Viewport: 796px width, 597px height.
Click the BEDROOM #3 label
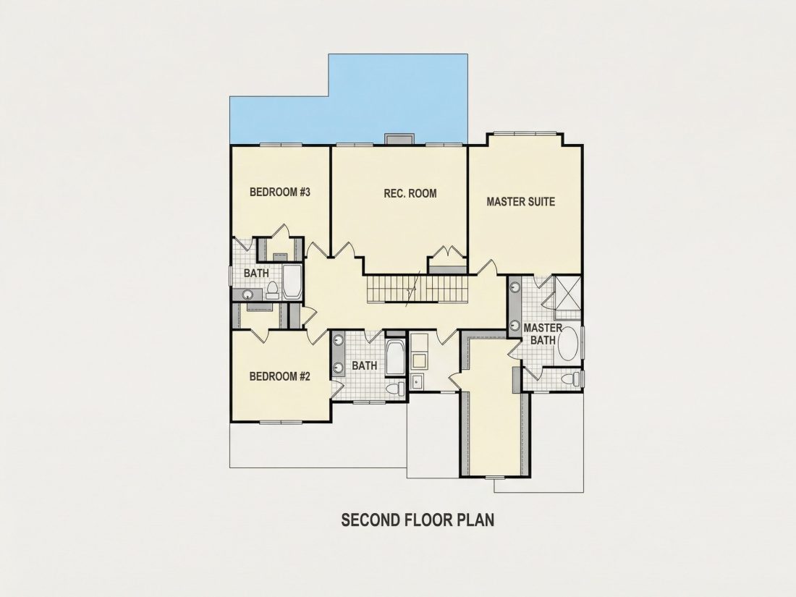tap(280, 192)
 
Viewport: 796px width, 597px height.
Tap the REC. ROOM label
tap(410, 193)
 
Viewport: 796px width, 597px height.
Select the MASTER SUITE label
tap(521, 202)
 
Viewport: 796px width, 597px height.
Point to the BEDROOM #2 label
tap(280, 376)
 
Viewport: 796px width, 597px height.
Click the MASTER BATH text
tap(543, 334)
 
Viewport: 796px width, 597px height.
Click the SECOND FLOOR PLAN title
tap(418, 520)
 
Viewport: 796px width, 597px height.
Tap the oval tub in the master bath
tap(569, 344)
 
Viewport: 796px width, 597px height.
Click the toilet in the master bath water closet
tap(572, 378)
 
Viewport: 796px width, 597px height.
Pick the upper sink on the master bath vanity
tap(515, 287)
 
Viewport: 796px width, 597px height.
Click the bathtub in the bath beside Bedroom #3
tap(292, 281)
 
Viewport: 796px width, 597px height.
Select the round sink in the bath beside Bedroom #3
tap(248, 294)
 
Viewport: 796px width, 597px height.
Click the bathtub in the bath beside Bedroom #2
tap(394, 357)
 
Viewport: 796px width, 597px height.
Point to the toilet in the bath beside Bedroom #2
tap(395, 389)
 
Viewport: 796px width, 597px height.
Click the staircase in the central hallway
tap(417, 288)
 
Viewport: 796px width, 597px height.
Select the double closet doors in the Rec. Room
tap(446, 253)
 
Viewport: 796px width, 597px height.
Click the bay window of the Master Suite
tap(525, 134)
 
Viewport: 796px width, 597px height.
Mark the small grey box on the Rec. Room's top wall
tap(399, 139)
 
